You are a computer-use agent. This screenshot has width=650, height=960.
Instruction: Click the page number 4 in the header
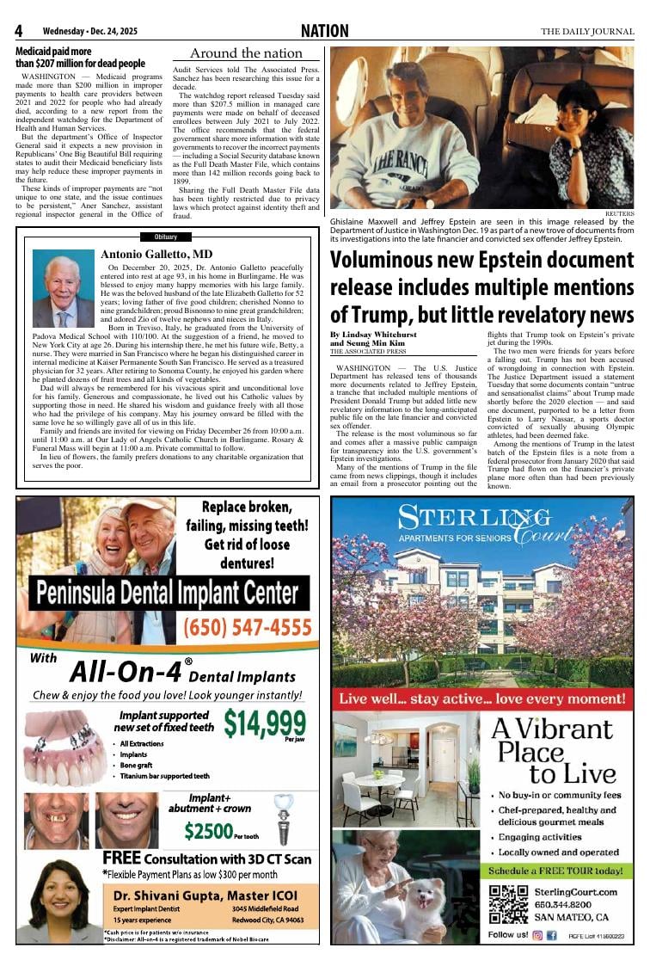click(x=19, y=31)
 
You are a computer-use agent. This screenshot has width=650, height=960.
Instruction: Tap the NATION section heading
click(x=325, y=32)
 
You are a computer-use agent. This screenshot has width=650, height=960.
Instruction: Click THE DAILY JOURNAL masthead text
click(x=587, y=32)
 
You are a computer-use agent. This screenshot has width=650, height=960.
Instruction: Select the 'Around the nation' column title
click(x=246, y=53)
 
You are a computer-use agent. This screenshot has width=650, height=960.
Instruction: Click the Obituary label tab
click(x=166, y=237)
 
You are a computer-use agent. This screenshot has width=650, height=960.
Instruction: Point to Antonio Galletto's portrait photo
click(x=63, y=288)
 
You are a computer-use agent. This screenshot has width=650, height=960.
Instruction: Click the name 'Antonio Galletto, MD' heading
click(x=156, y=255)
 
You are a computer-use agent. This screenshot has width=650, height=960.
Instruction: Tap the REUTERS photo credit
click(x=619, y=212)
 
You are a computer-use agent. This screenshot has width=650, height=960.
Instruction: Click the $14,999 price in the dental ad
click(x=264, y=723)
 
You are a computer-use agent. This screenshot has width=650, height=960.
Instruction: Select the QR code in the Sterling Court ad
click(x=507, y=902)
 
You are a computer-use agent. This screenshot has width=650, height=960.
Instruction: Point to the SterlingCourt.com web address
click(x=577, y=892)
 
